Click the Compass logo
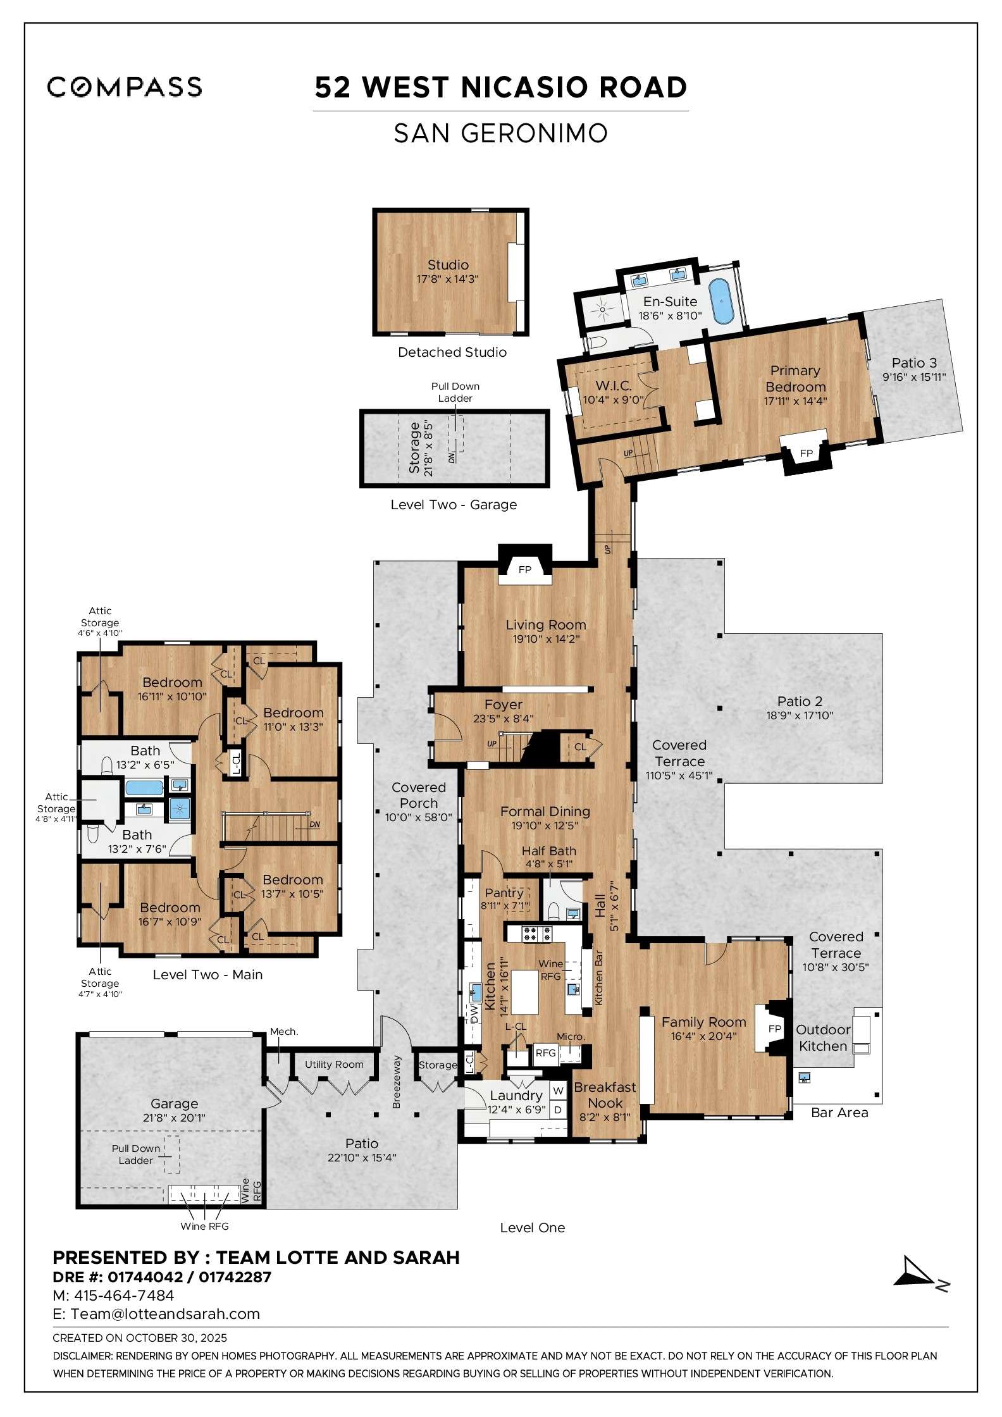(125, 87)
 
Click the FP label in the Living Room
(524, 569)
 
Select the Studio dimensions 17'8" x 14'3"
(447, 279)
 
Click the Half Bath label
(548, 851)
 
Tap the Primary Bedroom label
(795, 378)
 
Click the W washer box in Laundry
(558, 1091)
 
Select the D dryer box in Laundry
(558, 1110)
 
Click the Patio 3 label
(914, 362)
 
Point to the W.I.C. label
(613, 385)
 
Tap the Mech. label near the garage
(283, 1031)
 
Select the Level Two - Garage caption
(454, 504)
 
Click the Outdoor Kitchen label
(822, 1037)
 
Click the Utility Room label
(334, 1064)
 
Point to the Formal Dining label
(545, 811)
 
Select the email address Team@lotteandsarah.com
(165, 1313)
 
